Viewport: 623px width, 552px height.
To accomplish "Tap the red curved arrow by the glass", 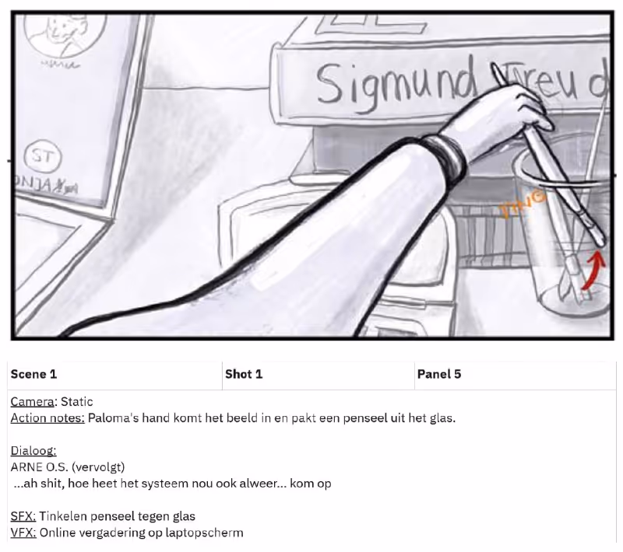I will point(594,273).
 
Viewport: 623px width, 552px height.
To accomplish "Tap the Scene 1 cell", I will point(33,374).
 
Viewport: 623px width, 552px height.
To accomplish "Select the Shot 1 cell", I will point(244,374).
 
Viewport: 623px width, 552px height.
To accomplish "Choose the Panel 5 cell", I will point(439,374).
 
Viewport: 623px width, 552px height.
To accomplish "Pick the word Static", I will point(77,402).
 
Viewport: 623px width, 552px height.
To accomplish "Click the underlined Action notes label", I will point(48,418).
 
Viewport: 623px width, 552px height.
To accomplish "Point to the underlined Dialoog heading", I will point(33,451).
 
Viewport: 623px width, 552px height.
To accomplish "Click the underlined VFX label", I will point(23,533).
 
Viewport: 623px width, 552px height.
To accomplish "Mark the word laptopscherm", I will point(206,533).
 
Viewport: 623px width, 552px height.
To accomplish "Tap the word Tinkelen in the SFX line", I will point(64,516).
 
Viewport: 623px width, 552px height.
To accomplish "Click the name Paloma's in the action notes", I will point(112,418).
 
